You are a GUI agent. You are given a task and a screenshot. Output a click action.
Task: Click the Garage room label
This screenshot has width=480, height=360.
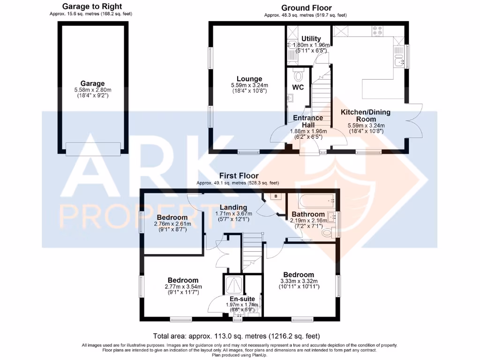point(92,83)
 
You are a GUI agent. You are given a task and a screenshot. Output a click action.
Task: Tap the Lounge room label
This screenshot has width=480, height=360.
point(249,79)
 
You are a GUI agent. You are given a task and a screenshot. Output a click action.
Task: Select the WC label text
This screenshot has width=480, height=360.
point(299,88)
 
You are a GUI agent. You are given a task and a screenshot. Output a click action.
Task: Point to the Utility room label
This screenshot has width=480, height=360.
point(311,39)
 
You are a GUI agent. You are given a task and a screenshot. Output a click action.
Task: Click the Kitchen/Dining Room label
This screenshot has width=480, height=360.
point(365,116)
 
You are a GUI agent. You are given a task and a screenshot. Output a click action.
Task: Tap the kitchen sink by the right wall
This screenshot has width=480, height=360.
point(400,60)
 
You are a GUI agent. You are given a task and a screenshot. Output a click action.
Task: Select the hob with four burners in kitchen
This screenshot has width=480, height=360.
point(377,31)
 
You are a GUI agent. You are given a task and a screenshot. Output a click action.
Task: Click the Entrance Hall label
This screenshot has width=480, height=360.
point(308,121)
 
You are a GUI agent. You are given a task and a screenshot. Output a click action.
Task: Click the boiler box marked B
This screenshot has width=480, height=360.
point(276,196)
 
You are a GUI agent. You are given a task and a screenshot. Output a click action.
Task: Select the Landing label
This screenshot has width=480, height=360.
point(234,207)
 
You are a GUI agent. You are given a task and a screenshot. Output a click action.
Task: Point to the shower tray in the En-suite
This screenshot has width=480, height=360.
point(234,285)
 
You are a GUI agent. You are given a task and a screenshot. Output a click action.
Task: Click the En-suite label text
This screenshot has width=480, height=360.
point(242,299)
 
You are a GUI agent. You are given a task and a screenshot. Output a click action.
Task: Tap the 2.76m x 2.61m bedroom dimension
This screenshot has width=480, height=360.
point(172,225)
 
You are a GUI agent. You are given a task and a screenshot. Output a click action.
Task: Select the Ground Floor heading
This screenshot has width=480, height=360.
point(307,8)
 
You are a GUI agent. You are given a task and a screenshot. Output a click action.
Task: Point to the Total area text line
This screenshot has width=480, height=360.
point(237,336)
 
